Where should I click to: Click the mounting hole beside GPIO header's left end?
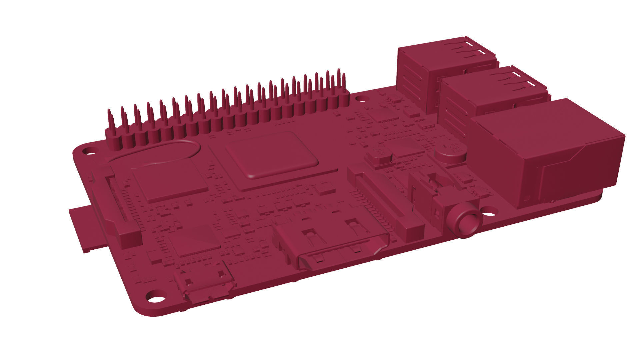88,150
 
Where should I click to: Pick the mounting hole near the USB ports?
360,99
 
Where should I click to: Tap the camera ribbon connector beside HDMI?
387,203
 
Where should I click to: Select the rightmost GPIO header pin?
343,83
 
